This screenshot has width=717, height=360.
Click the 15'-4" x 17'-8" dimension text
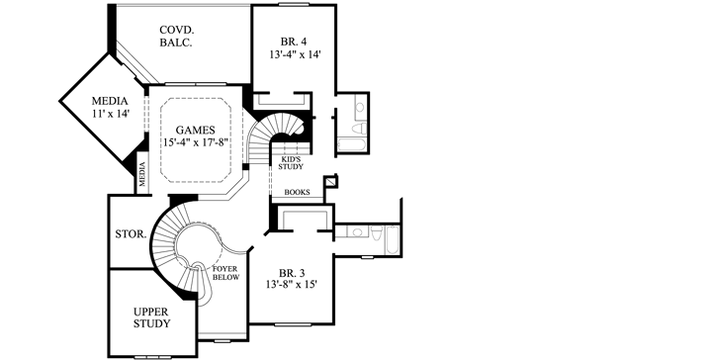click(197, 143)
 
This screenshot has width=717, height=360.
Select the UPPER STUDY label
click(151, 316)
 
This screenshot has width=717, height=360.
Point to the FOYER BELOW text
click(225, 274)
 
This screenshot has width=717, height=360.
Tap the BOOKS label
click(297, 192)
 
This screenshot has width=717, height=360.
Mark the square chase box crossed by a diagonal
click(330, 182)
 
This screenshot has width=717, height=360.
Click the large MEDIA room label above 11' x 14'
click(109, 101)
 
